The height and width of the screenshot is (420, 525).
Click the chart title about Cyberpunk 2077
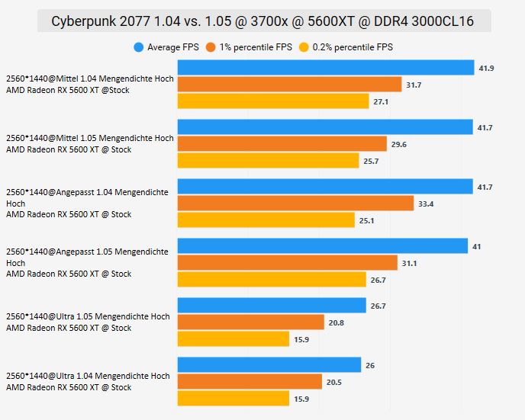pyautogui.click(x=263, y=21)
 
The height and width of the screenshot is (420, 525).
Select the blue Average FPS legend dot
pyautogui.click(x=139, y=47)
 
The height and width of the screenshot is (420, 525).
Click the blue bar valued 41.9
pyautogui.click(x=326, y=68)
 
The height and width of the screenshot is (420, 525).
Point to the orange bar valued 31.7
pyautogui.click(x=289, y=85)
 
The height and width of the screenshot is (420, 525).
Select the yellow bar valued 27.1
pyautogui.click(x=273, y=101)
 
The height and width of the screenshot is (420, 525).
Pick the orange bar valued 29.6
pyautogui.click(x=282, y=144)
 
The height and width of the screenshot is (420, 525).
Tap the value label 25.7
pyautogui.click(x=372, y=161)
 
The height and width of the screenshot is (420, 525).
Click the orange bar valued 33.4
pyautogui.click(x=295, y=204)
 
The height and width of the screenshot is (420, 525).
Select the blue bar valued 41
pyautogui.click(x=323, y=246)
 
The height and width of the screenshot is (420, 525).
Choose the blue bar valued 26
pyautogui.click(x=269, y=365)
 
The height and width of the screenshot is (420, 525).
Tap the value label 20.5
pyautogui.click(x=335, y=382)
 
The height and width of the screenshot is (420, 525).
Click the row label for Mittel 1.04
pyautogui.click(x=90, y=85)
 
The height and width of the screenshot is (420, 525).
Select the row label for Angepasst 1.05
pyautogui.click(x=87, y=262)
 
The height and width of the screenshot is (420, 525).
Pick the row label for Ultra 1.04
pyautogui.click(x=88, y=382)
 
